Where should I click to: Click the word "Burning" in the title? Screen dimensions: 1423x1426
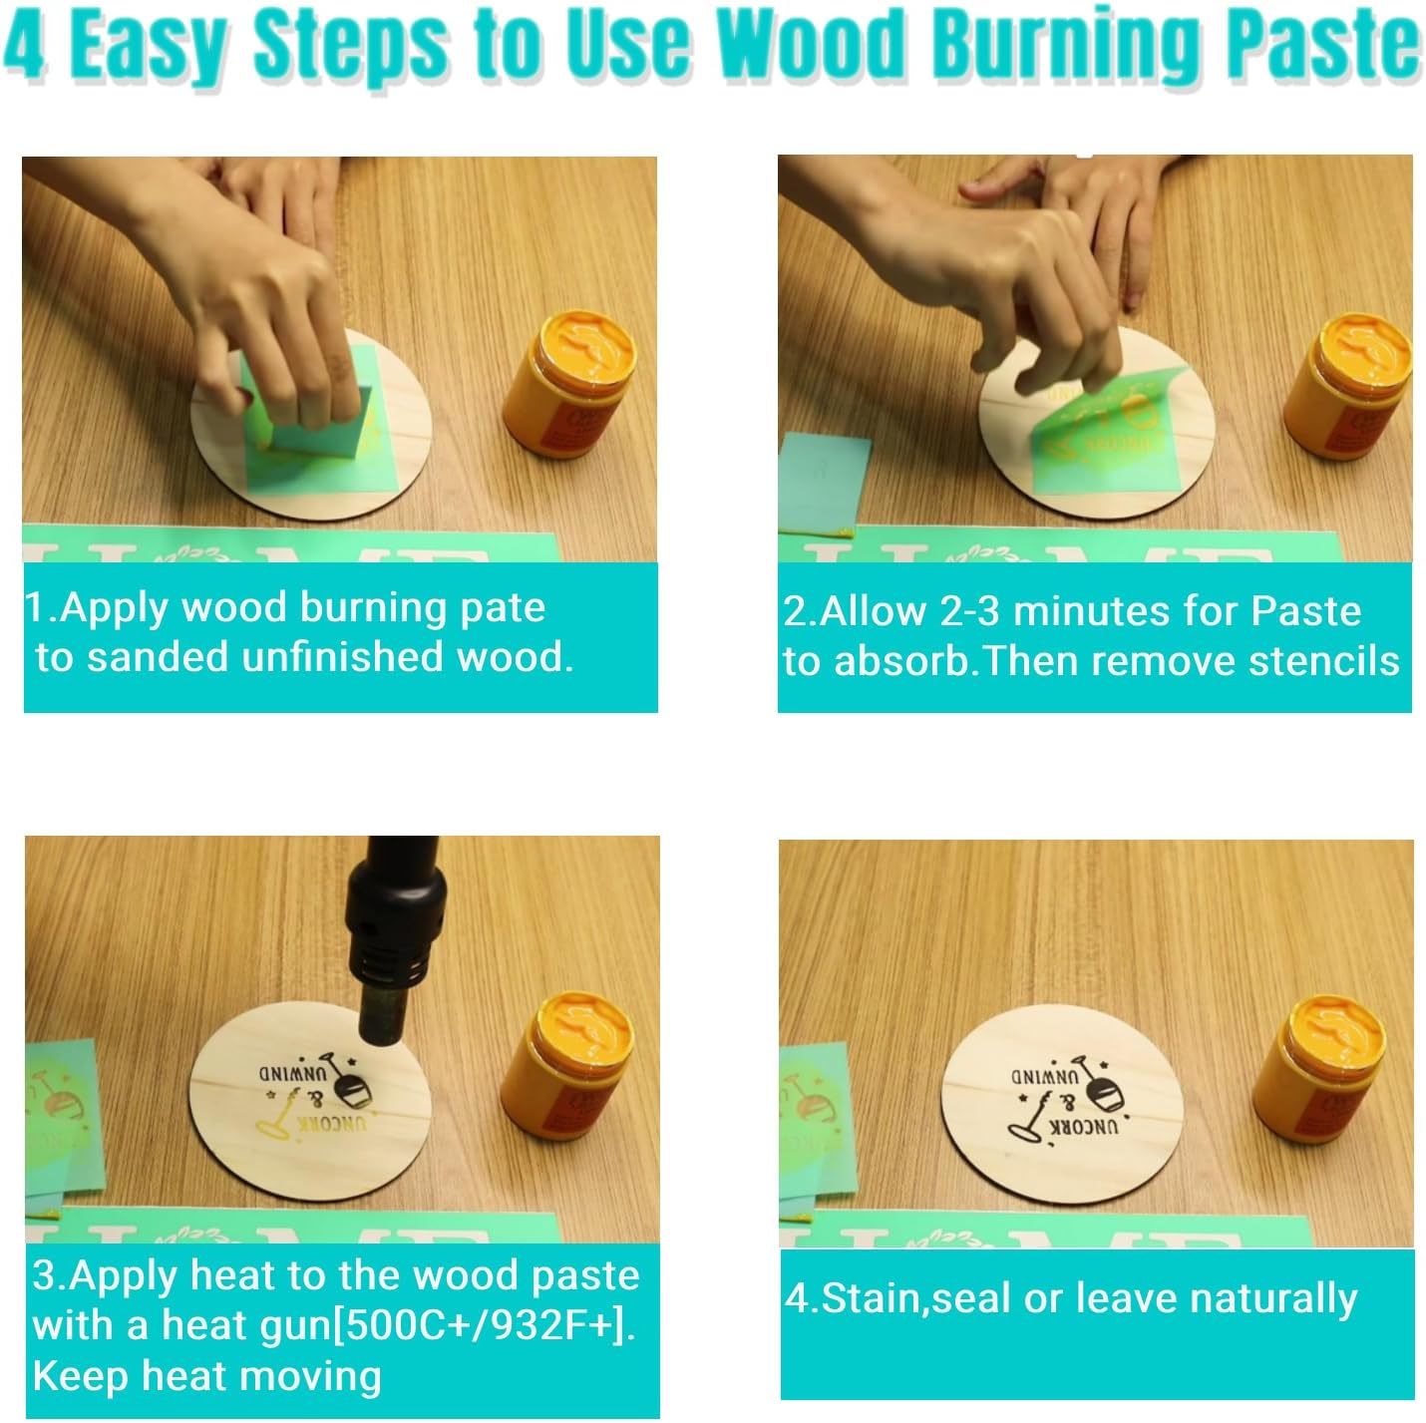[1065, 46]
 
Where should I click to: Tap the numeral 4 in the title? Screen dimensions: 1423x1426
[24, 46]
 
